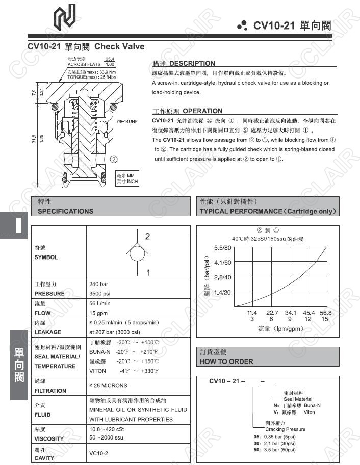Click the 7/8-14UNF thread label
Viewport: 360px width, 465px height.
(127, 122)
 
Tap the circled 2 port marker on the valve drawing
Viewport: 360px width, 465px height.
(113, 159)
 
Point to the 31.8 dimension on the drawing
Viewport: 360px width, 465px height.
(34, 139)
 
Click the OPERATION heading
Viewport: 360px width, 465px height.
(202, 111)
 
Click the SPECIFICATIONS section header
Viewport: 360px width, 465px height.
(66, 211)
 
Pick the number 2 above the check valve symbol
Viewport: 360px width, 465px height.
(147, 237)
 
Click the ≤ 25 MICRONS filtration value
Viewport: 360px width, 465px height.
(108, 386)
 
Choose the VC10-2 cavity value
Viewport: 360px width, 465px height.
(99, 453)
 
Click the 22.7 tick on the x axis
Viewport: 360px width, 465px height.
(272, 312)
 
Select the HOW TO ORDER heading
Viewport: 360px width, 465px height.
(226, 361)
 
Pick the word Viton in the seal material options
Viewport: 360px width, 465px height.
(323, 412)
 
